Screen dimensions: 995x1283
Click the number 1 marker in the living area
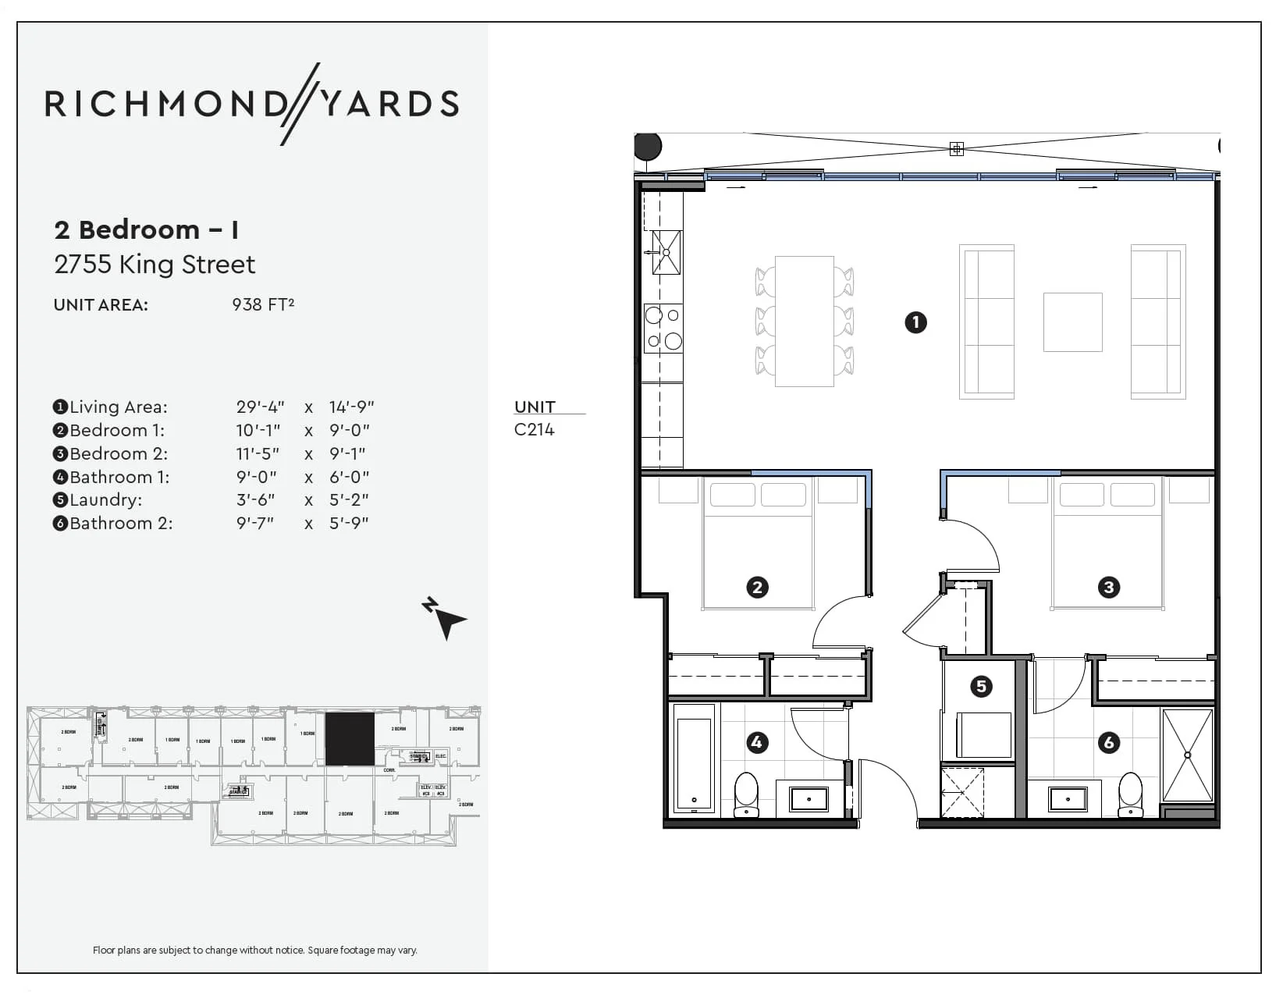coord(915,322)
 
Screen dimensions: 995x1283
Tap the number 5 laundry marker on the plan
coord(981,687)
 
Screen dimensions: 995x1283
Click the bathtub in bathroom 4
coord(694,758)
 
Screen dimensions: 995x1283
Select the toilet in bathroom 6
coord(1130,794)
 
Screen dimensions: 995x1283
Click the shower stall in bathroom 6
coord(1187,755)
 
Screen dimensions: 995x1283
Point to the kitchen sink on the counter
coord(666,252)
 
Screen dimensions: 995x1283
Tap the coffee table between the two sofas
coord(1072,322)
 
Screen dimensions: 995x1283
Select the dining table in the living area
coord(804,321)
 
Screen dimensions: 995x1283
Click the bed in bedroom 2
coord(758,546)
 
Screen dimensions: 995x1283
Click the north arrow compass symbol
coord(446,619)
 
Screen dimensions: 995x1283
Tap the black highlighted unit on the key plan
coord(349,739)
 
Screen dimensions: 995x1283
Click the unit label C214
coord(535,429)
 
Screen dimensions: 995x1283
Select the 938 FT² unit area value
coord(263,304)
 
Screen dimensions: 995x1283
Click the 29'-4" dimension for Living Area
coord(260,407)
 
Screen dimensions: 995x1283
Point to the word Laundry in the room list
coord(105,499)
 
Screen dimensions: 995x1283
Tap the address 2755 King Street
coord(155,265)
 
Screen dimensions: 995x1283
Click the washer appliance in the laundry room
coord(983,734)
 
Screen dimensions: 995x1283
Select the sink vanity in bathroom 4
coord(809,799)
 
